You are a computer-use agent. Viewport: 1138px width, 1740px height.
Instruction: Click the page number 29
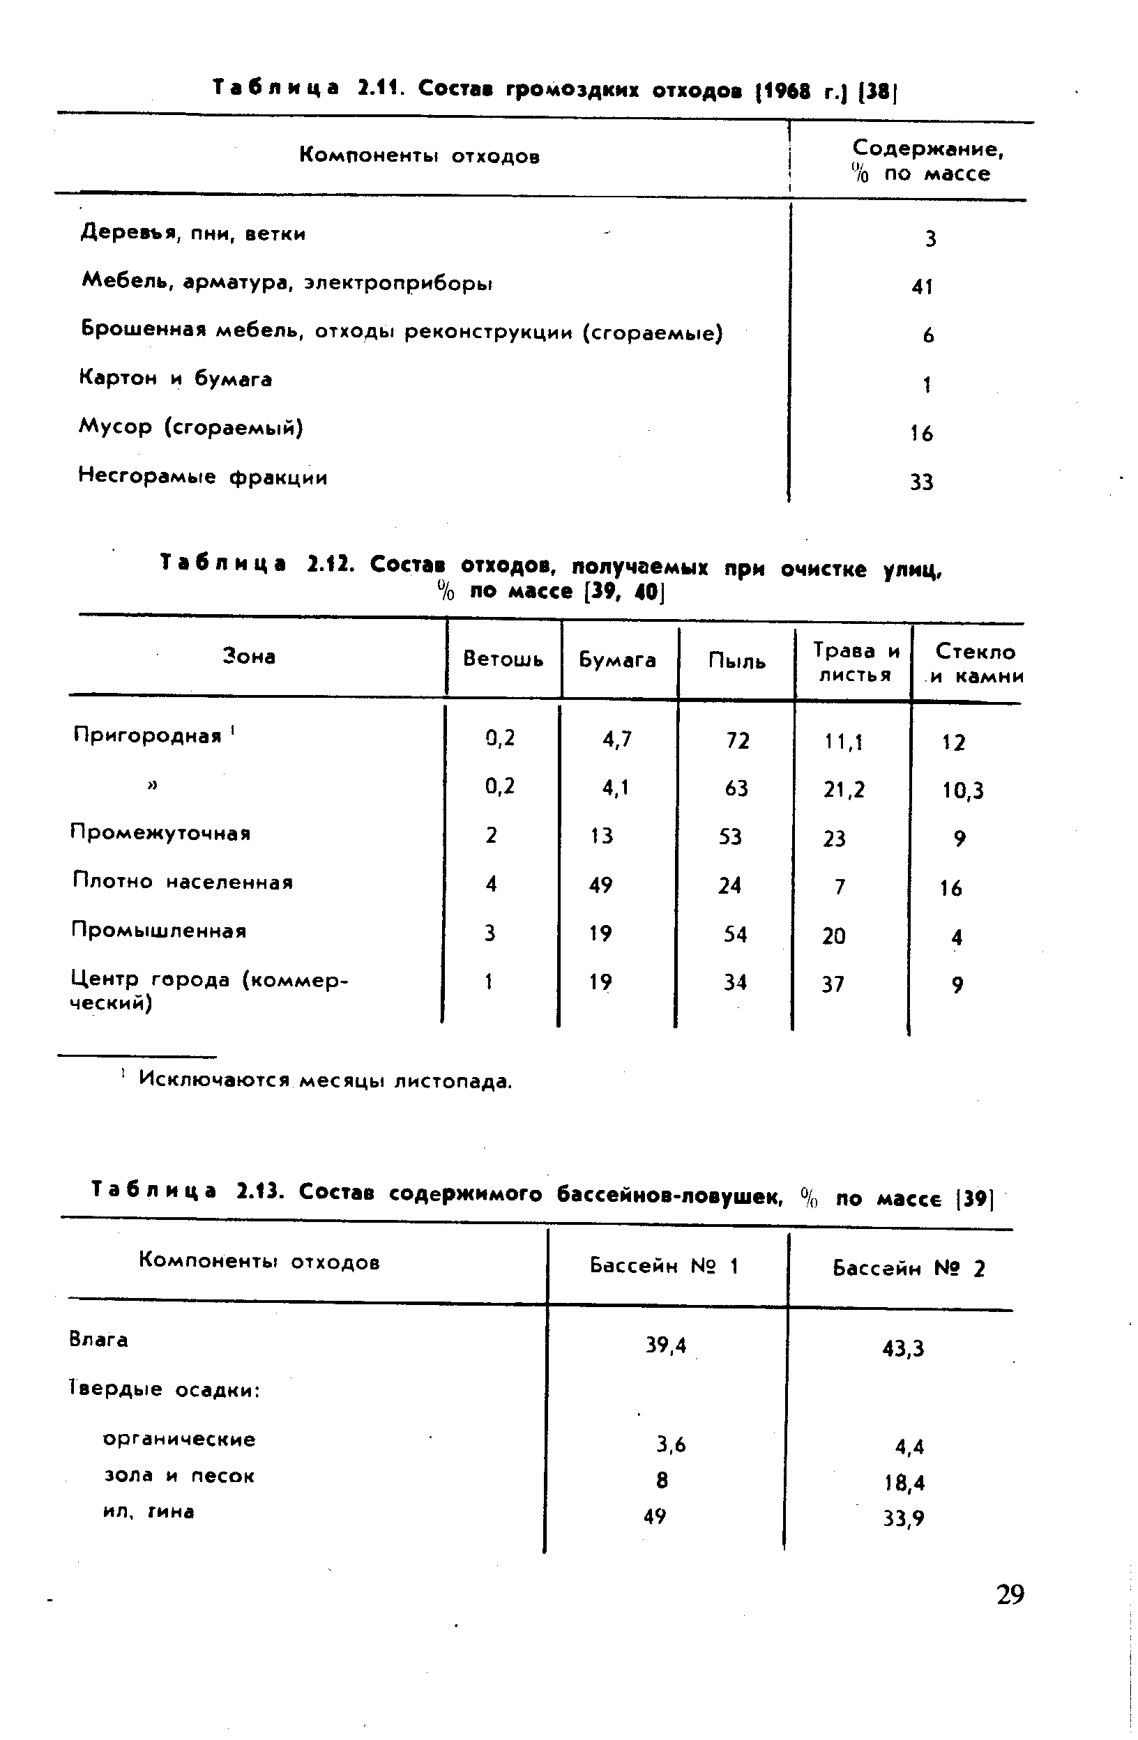(1009, 1593)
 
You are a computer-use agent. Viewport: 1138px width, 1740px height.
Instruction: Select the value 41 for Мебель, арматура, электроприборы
(922, 287)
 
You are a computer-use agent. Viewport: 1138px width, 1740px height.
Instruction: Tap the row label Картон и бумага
(176, 379)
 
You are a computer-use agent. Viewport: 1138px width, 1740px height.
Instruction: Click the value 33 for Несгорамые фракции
(922, 482)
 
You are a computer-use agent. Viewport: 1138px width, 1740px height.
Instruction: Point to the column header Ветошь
(503, 659)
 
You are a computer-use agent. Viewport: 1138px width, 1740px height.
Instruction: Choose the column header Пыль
(736, 662)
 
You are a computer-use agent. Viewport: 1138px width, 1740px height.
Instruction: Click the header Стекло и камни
(976, 663)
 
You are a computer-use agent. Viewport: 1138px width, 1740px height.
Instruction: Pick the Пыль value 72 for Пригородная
(737, 740)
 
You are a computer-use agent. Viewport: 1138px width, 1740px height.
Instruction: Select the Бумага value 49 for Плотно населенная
(600, 885)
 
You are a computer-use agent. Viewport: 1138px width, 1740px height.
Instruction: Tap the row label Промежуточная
(161, 833)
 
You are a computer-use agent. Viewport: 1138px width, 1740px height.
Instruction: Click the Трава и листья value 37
(833, 984)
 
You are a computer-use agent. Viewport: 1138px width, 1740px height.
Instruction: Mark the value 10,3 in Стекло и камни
(962, 791)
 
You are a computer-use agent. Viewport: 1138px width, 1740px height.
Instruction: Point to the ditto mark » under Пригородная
(153, 785)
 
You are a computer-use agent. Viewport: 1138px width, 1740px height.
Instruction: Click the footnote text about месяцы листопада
(326, 1080)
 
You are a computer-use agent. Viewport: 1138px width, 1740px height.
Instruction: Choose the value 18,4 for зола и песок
(904, 1483)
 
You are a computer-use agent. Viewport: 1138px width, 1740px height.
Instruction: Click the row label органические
(179, 1440)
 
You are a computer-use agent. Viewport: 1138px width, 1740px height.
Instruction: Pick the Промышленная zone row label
(159, 930)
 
